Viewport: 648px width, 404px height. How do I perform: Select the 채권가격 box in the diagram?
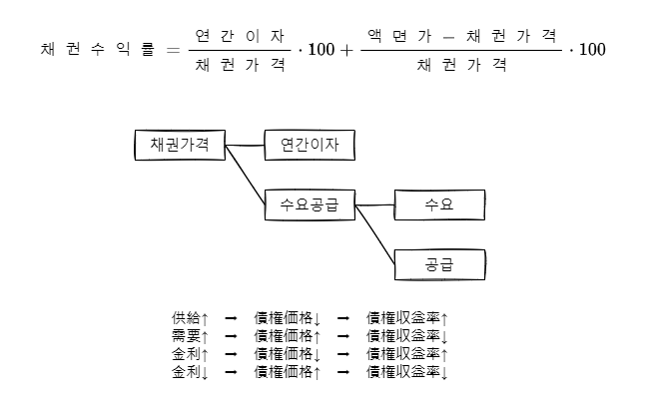(x=180, y=145)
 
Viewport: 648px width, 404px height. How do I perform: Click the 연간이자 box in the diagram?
(x=310, y=145)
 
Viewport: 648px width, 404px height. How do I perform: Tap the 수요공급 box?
(x=310, y=205)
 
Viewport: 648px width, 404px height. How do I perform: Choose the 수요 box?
(x=439, y=205)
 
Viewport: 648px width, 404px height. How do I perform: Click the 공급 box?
(x=439, y=264)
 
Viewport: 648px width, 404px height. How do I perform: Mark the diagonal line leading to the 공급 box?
(x=376, y=236)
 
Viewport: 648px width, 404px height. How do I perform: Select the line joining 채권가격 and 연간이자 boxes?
(x=245, y=145)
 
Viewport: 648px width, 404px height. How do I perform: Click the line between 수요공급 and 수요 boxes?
(x=375, y=205)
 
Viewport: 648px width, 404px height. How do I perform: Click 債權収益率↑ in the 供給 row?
(x=407, y=318)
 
